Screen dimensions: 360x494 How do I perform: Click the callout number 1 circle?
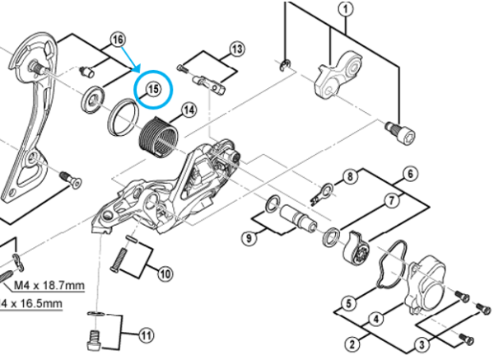[x=344, y=9]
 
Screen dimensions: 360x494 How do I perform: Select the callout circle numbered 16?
[x=118, y=39]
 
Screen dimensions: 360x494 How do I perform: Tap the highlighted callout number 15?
[x=153, y=90]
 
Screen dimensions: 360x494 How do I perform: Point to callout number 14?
[x=189, y=110]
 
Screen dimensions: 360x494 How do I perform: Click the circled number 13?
[x=237, y=49]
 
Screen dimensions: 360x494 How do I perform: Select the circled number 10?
[x=165, y=273]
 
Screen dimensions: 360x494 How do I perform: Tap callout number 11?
[x=146, y=335]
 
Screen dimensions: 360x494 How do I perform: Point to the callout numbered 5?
[x=348, y=303]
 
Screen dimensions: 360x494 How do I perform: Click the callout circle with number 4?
[x=375, y=318]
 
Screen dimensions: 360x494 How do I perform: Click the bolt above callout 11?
[x=93, y=338]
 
